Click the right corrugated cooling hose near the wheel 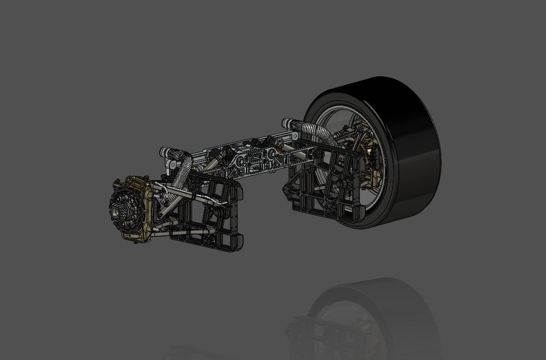(x=315, y=131)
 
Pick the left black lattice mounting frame (x=211, y=213)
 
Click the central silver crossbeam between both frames (x=251, y=157)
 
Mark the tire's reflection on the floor (x=373, y=315)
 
